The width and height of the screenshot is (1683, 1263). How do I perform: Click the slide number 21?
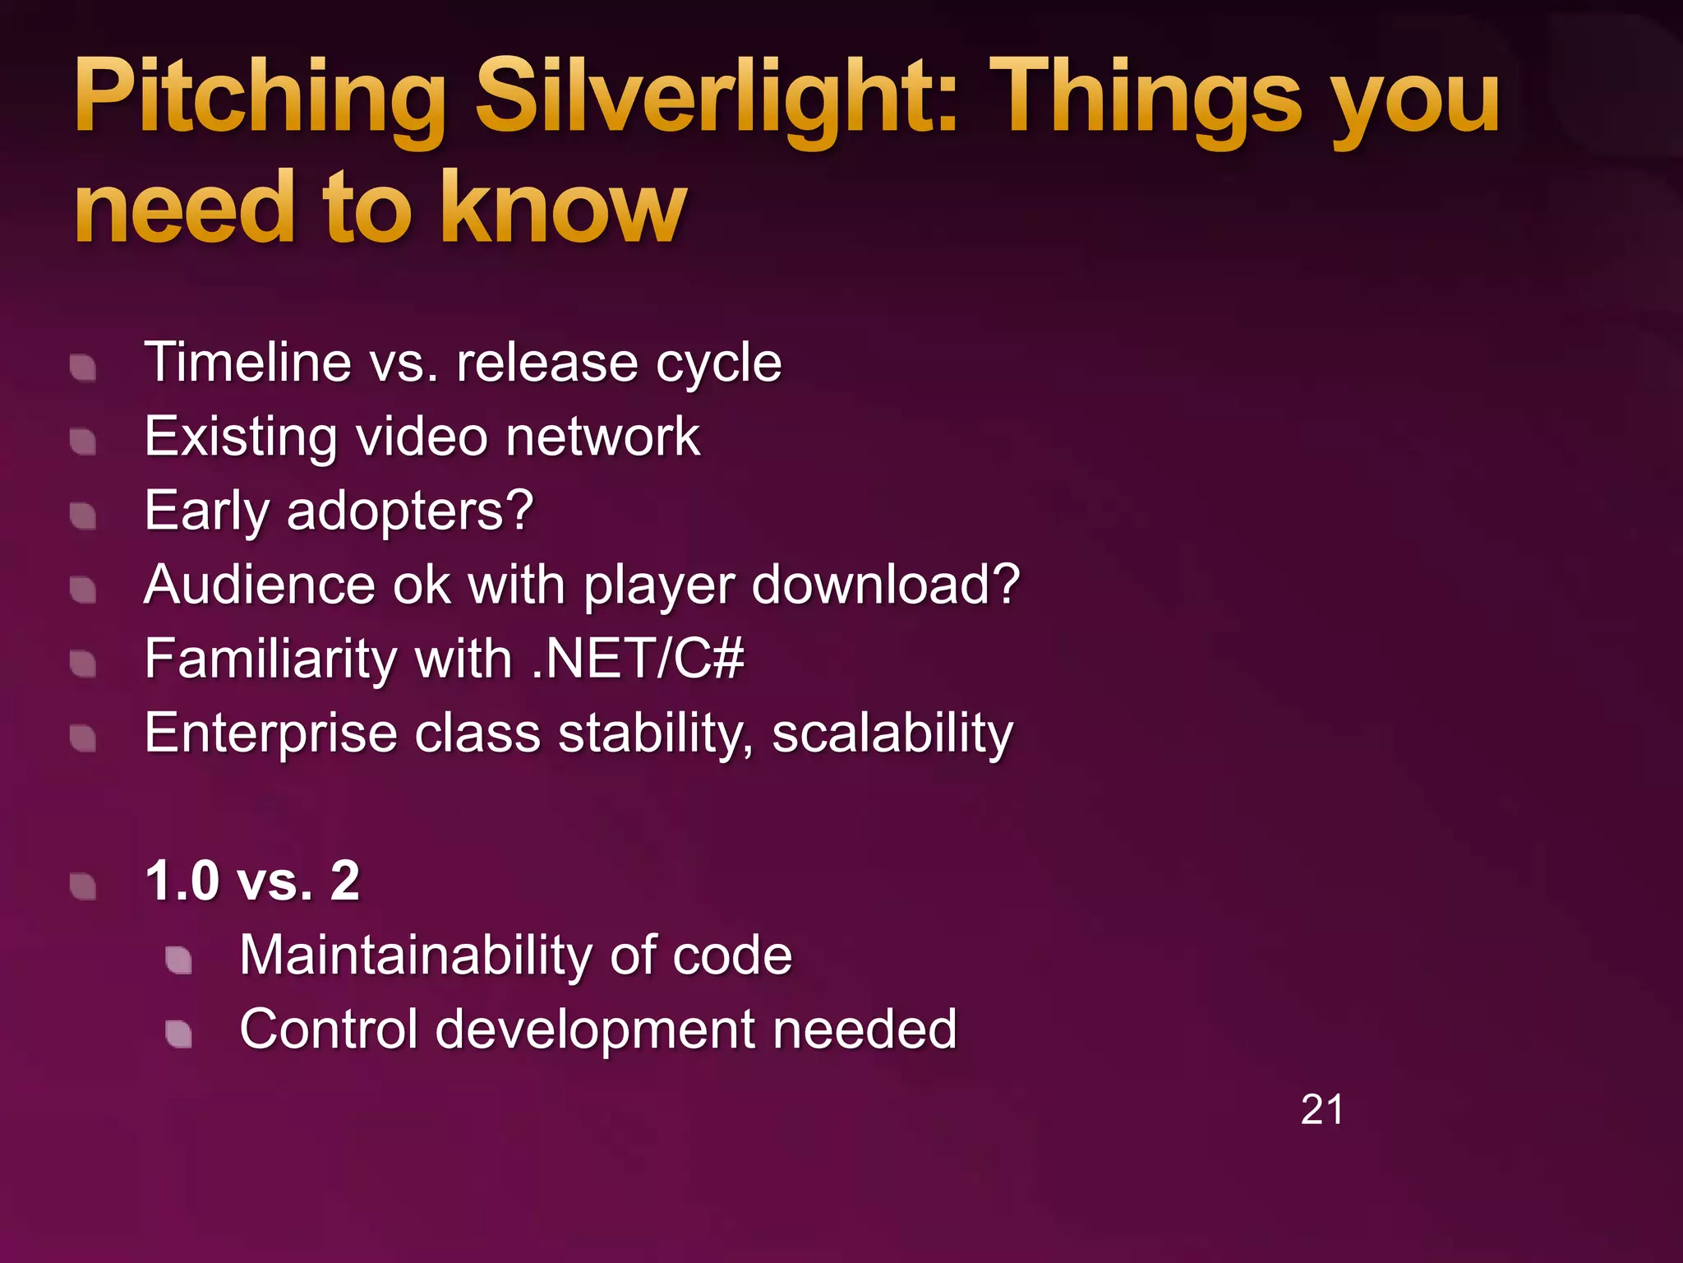click(x=1321, y=1110)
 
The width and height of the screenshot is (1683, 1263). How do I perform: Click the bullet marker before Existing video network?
click(x=83, y=442)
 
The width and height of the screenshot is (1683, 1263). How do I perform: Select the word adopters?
click(x=410, y=511)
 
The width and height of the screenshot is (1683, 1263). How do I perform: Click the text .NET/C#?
click(x=637, y=659)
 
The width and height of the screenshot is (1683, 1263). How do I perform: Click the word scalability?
click(x=892, y=733)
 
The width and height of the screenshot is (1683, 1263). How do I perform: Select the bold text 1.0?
click(x=182, y=881)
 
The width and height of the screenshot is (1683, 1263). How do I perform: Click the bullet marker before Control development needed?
click(x=178, y=1034)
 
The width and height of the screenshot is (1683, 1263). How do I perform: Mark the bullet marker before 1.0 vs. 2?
click(x=83, y=886)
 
